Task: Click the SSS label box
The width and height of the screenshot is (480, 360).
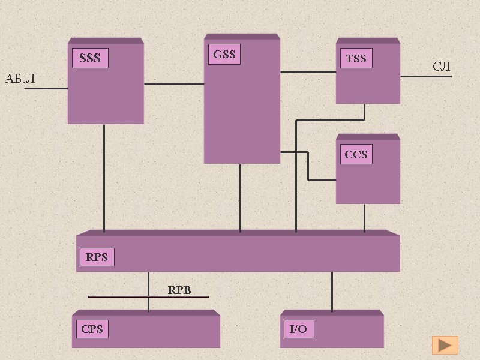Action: point(90,59)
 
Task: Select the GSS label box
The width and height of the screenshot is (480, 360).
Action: point(224,55)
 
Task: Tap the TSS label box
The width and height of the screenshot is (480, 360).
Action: point(356,59)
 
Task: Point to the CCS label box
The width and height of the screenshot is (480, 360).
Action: point(356,155)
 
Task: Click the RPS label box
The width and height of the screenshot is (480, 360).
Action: point(97,257)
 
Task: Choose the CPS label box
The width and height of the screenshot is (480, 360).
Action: point(92,329)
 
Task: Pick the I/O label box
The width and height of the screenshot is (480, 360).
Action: point(298,329)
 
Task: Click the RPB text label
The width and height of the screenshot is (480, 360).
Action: point(179,290)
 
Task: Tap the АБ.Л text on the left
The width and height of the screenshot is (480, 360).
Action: point(20,79)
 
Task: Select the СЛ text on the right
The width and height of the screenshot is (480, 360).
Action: point(442,67)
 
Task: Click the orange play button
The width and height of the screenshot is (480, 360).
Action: point(445,345)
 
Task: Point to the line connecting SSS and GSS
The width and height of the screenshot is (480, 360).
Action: point(174,84)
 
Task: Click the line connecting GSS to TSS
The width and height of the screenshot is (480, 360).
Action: point(308,73)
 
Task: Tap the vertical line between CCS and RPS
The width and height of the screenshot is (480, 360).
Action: point(364,217)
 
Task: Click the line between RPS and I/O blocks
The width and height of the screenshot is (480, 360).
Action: point(332,291)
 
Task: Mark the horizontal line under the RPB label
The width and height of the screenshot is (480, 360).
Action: point(120,296)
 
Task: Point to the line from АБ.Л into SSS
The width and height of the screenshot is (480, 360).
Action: point(46,89)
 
